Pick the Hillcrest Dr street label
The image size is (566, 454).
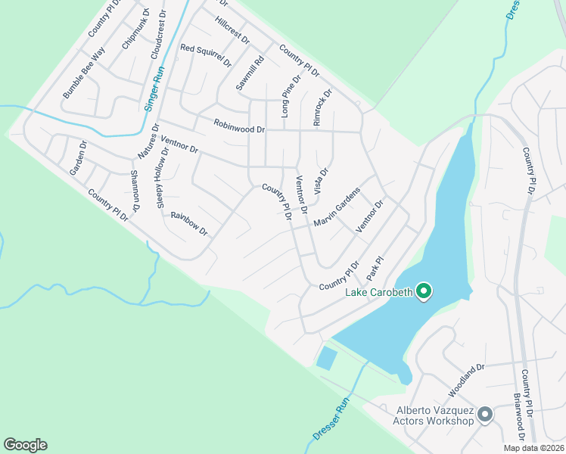tap(232, 30)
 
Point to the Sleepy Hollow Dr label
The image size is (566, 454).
tap(163, 176)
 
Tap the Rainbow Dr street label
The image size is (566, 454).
tap(189, 223)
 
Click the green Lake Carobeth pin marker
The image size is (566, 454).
tap(424, 291)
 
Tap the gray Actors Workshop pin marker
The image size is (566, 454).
tap(485, 414)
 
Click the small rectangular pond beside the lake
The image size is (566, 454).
tap(327, 357)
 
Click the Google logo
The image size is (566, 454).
tap(25, 445)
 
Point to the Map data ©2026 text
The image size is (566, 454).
tap(531, 448)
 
